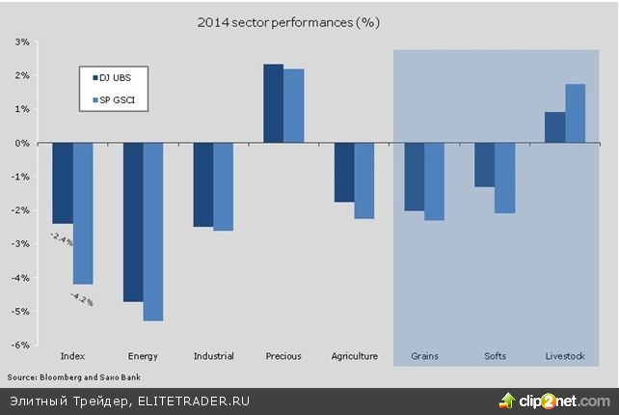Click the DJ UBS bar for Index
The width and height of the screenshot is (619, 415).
click(63, 182)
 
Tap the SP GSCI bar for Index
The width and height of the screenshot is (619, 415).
click(83, 213)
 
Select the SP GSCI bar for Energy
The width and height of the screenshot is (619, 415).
click(153, 232)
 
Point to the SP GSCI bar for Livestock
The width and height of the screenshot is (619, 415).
click(576, 113)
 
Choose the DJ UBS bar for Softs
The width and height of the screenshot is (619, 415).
click(484, 165)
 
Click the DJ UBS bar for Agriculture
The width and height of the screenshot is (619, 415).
click(344, 173)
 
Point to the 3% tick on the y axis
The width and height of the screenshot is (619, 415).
click(21, 41)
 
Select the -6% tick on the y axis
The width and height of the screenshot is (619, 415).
click(19, 345)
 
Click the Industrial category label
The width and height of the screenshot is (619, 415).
click(213, 356)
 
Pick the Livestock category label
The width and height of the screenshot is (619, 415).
click(565, 356)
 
